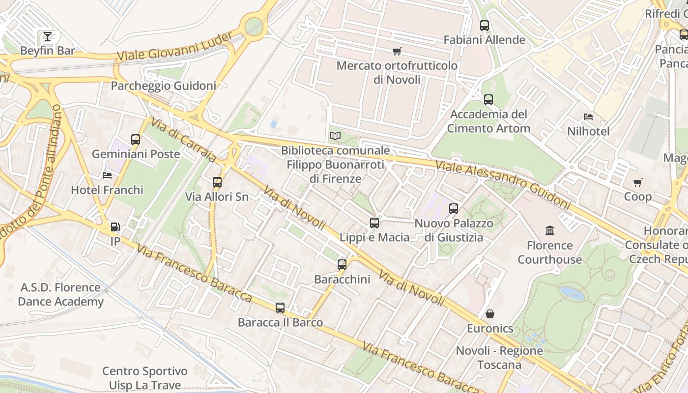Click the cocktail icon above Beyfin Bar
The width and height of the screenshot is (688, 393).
coord(47,36)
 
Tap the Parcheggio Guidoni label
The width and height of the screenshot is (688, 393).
coord(163,86)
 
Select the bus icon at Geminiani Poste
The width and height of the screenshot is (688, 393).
coord(136,140)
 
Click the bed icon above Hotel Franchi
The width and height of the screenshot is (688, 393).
coord(107,175)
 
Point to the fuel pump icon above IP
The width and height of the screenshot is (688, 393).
coord(115,227)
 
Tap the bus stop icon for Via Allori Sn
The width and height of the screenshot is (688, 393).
coord(217,182)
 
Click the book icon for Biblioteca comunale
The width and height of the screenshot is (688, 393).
coord(335,136)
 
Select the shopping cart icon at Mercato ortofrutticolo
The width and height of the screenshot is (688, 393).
coord(397,51)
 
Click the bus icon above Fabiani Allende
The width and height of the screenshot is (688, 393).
coord(485,26)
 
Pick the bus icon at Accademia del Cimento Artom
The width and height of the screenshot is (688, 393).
coord(488,100)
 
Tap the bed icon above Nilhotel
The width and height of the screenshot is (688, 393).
coord(588,117)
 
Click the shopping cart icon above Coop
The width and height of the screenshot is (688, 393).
coord(638,182)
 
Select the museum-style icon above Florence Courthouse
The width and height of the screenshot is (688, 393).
coord(550,230)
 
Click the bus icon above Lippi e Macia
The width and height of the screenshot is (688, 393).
coord(374,223)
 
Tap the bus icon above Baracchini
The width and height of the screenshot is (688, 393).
coord(342,265)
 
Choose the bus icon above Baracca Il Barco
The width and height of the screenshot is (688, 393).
coord(280,308)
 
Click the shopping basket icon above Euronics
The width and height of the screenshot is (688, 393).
coord(490,314)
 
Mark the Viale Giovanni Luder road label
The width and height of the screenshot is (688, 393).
coord(175,47)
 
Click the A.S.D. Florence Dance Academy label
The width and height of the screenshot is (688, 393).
coord(60,294)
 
